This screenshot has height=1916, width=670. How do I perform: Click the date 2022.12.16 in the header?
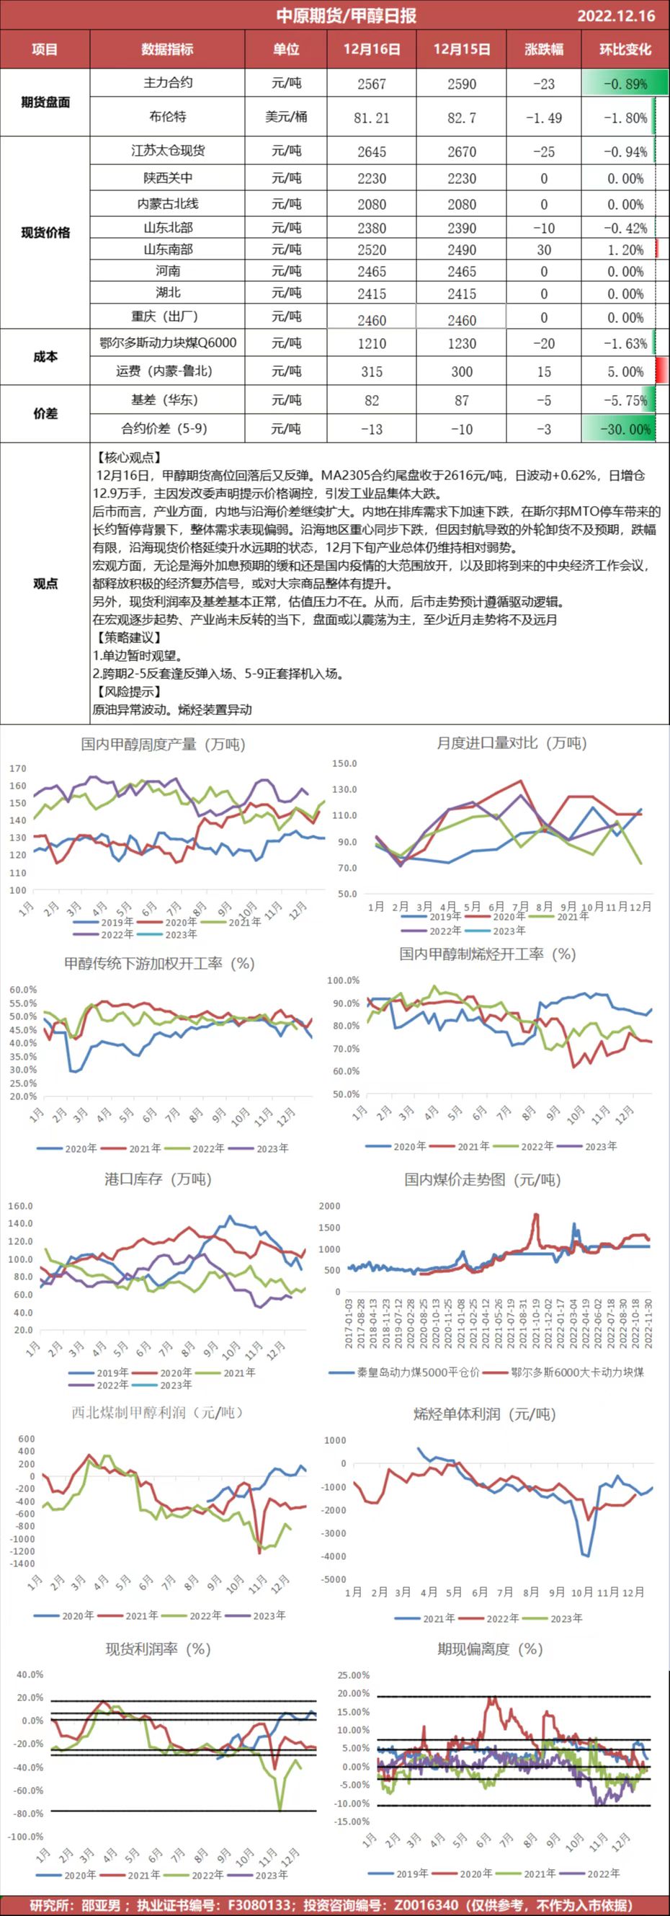[616, 16]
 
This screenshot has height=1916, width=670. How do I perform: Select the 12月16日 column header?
[371, 50]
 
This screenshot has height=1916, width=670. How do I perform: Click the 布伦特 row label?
[167, 117]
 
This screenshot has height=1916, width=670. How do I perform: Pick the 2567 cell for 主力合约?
[371, 84]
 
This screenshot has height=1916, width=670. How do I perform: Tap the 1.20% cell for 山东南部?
[625, 250]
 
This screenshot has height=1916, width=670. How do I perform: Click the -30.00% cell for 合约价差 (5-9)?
[625, 429]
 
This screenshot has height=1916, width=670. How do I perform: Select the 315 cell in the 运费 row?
[371, 372]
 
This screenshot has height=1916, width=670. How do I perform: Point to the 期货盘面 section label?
[45, 102]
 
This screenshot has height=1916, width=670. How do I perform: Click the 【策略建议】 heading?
[128, 637]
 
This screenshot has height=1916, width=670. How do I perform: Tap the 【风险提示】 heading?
[128, 692]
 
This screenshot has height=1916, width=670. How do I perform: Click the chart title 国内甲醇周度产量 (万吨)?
[163, 744]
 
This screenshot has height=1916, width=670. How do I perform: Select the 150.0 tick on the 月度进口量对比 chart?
[344, 764]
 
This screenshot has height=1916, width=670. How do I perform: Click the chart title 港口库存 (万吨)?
[158, 1179]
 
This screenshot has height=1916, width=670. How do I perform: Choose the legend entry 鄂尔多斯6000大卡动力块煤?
[577, 1372]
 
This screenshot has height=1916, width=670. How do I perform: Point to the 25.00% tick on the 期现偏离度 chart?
[353, 1675]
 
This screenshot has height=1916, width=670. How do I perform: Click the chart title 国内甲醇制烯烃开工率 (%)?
[487, 954]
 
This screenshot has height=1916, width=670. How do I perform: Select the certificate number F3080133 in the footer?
[259, 1905]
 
